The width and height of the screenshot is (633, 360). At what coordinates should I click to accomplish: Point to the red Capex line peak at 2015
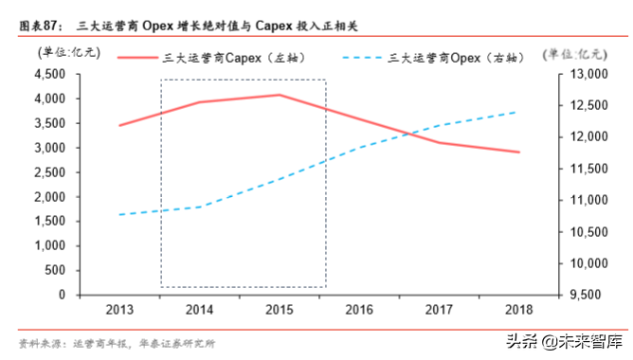click(x=279, y=95)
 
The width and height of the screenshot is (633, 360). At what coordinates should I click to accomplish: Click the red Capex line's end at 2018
click(x=518, y=152)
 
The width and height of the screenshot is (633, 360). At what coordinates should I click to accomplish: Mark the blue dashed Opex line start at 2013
click(x=119, y=214)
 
